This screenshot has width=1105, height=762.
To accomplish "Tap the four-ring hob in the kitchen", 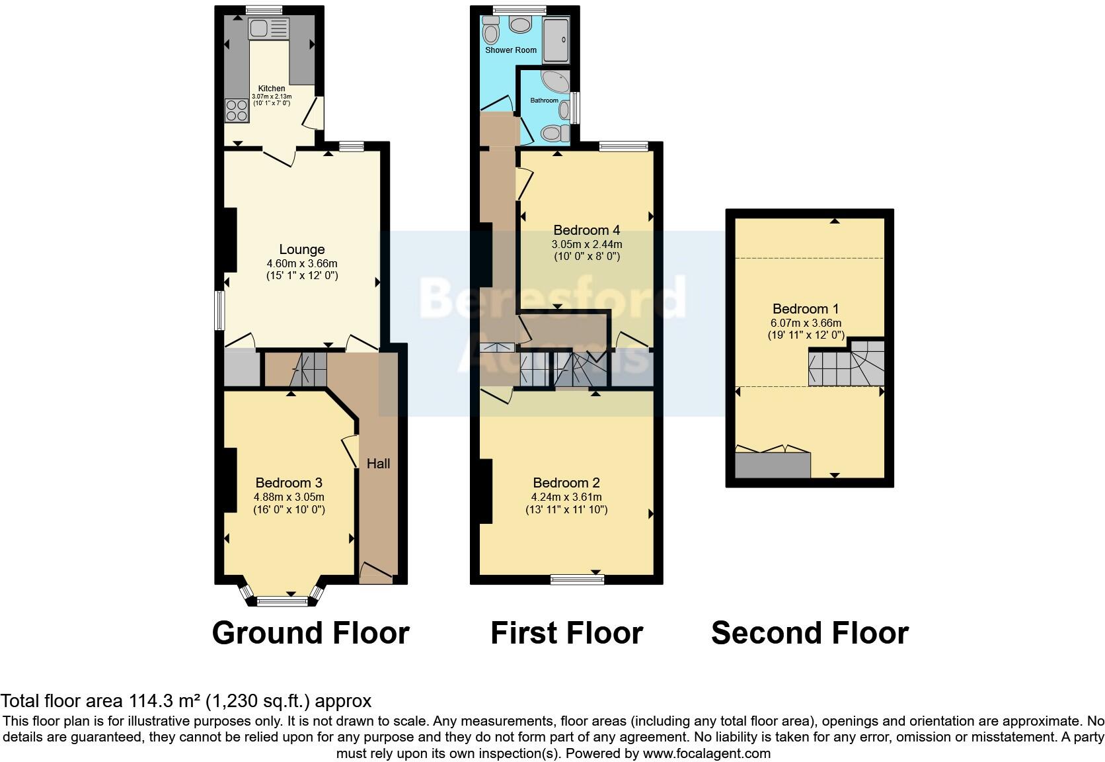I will tap(237, 110).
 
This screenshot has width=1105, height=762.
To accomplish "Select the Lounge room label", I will tap(301, 249).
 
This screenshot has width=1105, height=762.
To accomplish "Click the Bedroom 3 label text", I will tap(289, 483).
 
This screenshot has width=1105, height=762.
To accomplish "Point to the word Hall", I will tap(378, 464).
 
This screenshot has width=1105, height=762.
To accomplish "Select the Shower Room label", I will tap(511, 50).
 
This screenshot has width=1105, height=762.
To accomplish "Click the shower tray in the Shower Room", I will tap(555, 40).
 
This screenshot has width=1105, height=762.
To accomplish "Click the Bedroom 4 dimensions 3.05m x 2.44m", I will tap(587, 244).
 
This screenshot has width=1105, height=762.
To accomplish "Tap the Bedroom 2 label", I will tap(566, 483).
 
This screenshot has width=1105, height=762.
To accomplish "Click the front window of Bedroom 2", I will tap(577, 580).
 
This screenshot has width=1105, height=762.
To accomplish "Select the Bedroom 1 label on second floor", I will tap(806, 309).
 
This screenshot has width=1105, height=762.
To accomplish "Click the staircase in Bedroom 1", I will tap(847, 366).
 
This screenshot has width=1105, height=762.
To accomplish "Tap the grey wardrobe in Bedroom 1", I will tap(773, 464).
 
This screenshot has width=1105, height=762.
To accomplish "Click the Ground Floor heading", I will tap(311, 633).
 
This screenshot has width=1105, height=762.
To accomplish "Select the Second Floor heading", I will tap(810, 633).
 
